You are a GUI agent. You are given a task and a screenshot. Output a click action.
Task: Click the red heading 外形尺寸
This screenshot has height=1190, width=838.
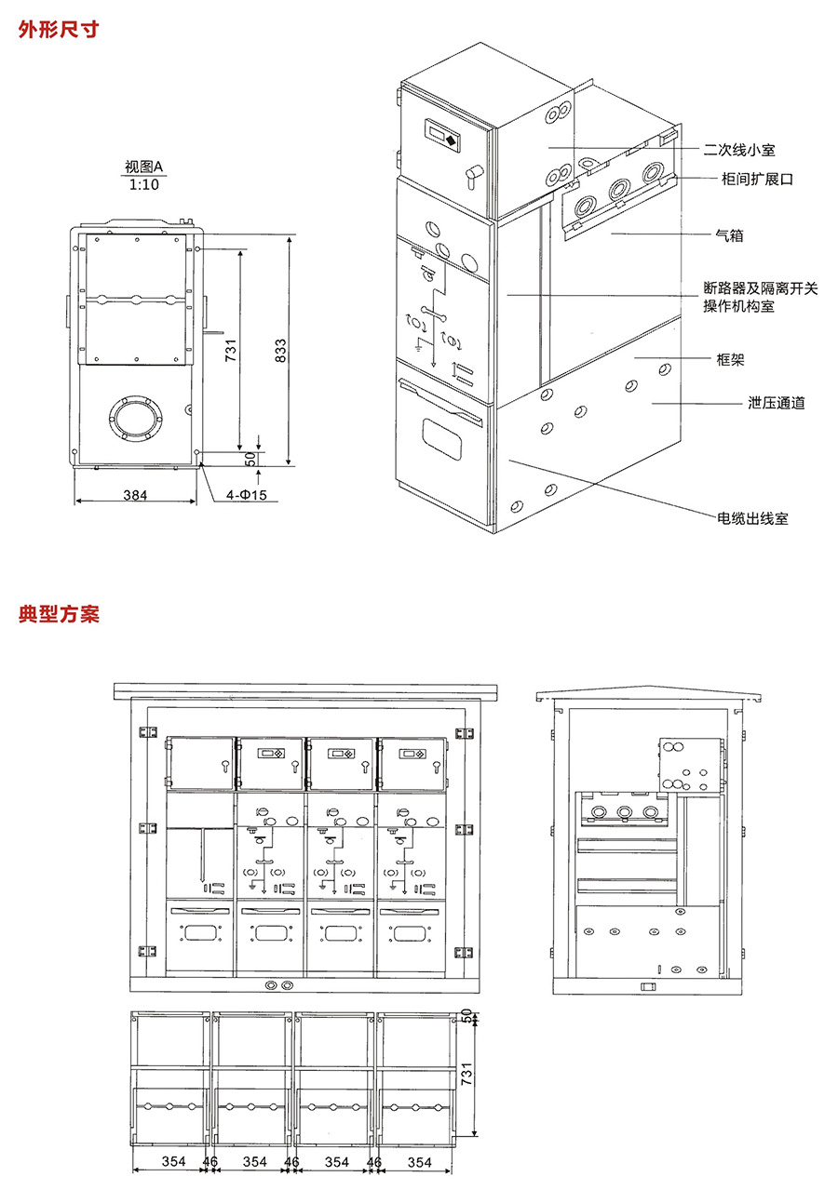[x=59, y=29]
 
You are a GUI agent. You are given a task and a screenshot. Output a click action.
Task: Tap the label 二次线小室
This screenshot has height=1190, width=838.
[x=739, y=150]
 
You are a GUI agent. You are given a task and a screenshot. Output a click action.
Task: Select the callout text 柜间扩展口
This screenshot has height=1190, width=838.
[x=757, y=179]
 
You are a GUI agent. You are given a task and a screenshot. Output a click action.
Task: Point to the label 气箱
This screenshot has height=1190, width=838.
[x=730, y=235]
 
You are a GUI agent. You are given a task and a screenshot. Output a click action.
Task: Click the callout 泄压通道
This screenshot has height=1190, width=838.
[x=777, y=403]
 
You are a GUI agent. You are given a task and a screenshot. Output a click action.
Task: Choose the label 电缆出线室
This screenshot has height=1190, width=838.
[x=753, y=518]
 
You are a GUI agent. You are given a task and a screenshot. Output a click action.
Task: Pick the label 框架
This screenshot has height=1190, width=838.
[x=730, y=360]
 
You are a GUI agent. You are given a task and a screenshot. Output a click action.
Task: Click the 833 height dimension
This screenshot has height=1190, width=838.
[x=280, y=351]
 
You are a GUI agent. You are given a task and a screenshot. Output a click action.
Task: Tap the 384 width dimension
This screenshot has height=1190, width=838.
[x=135, y=495]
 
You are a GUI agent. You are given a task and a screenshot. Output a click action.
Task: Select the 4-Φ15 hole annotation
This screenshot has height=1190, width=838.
[x=246, y=495]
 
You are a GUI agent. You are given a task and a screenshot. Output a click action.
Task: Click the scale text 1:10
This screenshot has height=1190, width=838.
[x=144, y=184]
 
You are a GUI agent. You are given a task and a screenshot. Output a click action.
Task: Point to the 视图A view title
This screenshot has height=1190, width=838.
[x=143, y=167]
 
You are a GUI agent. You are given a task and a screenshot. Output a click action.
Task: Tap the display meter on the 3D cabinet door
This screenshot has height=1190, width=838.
[x=442, y=135]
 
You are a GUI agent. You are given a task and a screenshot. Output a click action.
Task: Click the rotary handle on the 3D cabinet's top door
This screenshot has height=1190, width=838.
[x=472, y=175]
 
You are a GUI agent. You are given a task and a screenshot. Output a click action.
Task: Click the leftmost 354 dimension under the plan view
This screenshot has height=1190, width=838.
[x=173, y=1161]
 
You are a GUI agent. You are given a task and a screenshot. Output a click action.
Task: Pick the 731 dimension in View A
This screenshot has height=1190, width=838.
[x=230, y=351]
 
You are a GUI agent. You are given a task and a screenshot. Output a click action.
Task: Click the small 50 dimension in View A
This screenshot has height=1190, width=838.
[x=250, y=460]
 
